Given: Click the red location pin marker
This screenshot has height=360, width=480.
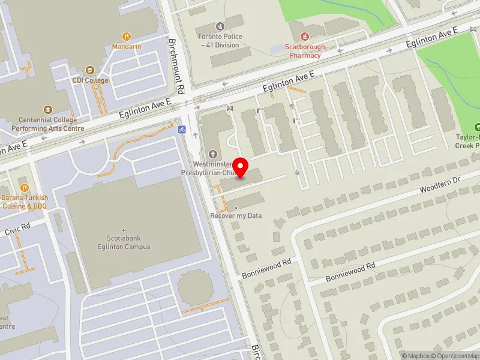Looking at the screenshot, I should pyautogui.click(x=241, y=167).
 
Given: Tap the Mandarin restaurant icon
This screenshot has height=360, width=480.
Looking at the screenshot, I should pyautogui.click(x=127, y=36).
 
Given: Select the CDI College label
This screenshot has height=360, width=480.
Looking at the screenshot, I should pyautogui.click(x=91, y=80).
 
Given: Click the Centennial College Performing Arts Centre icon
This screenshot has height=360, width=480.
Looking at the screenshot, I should pyautogui.click(x=47, y=110).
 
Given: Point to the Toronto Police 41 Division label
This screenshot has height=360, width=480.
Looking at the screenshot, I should pyautogui.click(x=220, y=40).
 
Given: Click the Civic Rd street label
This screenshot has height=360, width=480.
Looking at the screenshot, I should pyautogui.click(x=17, y=228).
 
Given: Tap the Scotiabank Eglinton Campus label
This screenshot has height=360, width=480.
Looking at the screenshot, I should pyautogui.click(x=124, y=242).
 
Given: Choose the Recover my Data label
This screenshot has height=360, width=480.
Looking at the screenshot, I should pyautogui.click(x=236, y=215).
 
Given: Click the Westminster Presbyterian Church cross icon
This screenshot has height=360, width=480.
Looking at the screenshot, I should pyautogui.click(x=212, y=154).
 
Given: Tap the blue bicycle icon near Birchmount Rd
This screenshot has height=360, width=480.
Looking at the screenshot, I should pyautogui.click(x=182, y=129).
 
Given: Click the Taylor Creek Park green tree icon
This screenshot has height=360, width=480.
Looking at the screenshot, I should pyautogui.click(x=478, y=127).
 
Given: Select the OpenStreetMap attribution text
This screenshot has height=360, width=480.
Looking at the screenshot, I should pyautogui.click(x=454, y=356).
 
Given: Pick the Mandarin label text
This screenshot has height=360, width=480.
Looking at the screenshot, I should pyautogui.click(x=127, y=46).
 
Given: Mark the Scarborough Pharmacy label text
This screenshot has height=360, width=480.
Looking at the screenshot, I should pyautogui.click(x=304, y=51).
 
